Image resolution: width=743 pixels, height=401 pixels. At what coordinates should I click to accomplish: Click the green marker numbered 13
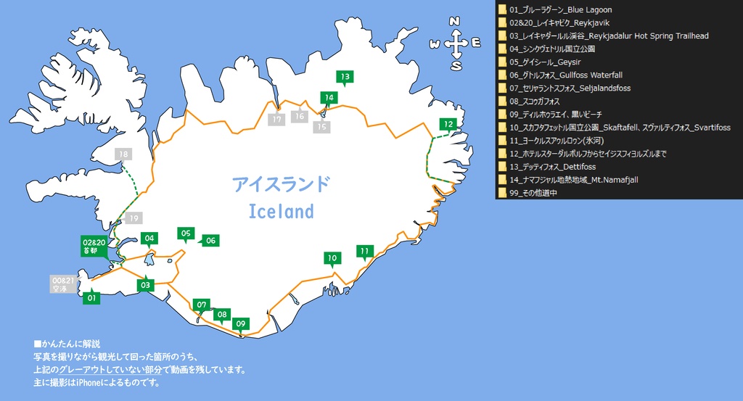point(345,77)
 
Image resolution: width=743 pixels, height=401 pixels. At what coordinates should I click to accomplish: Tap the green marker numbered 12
point(449,125)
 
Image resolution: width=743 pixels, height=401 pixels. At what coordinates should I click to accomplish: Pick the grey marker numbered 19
point(134,218)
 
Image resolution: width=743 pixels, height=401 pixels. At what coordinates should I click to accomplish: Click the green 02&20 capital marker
point(94,245)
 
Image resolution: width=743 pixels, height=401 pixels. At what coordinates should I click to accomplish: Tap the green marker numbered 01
point(91,297)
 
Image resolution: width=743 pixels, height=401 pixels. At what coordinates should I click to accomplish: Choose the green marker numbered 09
point(242,323)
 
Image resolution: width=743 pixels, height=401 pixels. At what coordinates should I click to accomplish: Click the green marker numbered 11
point(364,251)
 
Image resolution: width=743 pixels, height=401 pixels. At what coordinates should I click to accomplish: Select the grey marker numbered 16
point(299,116)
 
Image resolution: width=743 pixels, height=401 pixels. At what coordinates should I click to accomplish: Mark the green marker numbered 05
point(186,233)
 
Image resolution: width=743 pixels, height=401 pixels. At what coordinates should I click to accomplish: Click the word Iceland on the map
point(281,212)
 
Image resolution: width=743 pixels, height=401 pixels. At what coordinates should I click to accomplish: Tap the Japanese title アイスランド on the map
point(281,184)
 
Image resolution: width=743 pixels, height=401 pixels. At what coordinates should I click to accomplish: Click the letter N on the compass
point(456,21)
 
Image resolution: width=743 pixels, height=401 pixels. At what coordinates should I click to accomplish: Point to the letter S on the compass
point(456,66)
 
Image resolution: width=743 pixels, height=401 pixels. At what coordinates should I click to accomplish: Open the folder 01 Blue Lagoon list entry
point(560,10)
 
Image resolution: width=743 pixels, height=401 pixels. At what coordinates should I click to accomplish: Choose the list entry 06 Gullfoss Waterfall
point(565,75)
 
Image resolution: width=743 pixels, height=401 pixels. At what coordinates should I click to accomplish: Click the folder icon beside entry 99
point(501,193)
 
